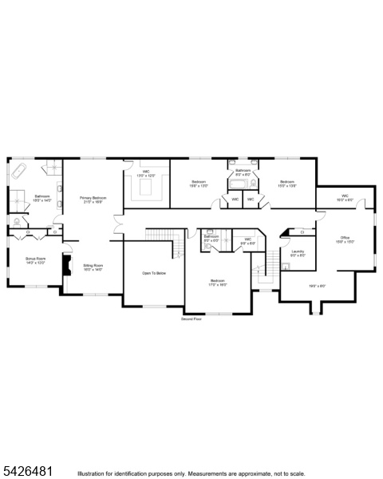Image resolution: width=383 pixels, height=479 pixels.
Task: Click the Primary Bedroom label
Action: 93,200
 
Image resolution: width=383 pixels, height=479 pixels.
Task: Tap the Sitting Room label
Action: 93,267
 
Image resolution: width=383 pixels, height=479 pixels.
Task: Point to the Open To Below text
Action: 154,273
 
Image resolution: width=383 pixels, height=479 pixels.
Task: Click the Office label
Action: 345,239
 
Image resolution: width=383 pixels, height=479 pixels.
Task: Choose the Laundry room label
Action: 298,253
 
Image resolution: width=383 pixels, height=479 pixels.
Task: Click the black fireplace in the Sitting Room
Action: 67,271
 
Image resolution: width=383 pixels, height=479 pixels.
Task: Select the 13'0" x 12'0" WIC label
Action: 146,173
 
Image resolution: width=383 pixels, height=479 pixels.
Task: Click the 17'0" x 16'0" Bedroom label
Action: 217,283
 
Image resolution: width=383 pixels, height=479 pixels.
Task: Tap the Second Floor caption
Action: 192,318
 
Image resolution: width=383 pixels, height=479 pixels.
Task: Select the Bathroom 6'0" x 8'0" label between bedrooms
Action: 243,172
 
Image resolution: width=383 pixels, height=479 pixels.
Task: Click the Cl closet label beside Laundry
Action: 302,232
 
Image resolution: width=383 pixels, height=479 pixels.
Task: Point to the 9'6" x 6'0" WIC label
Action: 247,240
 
